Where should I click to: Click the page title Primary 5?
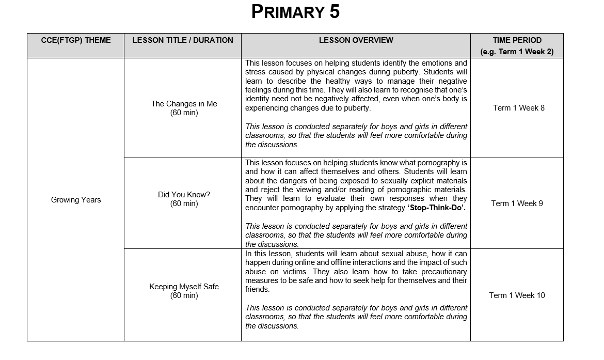pyautogui.click(x=295, y=12)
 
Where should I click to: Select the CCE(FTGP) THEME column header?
pyautogui.click(x=75, y=40)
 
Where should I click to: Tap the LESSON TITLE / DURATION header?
pyautogui.click(x=183, y=40)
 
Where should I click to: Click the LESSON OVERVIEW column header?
pyautogui.click(x=356, y=40)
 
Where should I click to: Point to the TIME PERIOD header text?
pyautogui.click(x=517, y=40)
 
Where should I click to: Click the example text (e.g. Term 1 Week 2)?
pyautogui.click(x=517, y=52)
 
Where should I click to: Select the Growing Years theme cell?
pyautogui.click(x=75, y=200)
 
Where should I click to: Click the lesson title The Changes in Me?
pyautogui.click(x=184, y=104)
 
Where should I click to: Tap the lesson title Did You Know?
pyautogui.click(x=184, y=195)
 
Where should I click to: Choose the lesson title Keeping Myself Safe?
pyautogui.click(x=184, y=287)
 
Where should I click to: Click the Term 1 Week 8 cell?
pyautogui.click(x=518, y=108)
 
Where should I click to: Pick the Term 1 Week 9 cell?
pyautogui.click(x=517, y=204)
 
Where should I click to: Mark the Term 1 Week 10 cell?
pyautogui.click(x=517, y=295)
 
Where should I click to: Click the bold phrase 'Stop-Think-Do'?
pyautogui.click(x=436, y=208)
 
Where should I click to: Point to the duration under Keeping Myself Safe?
pyautogui.click(x=184, y=296)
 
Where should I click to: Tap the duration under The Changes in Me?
pyautogui.click(x=184, y=113)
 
